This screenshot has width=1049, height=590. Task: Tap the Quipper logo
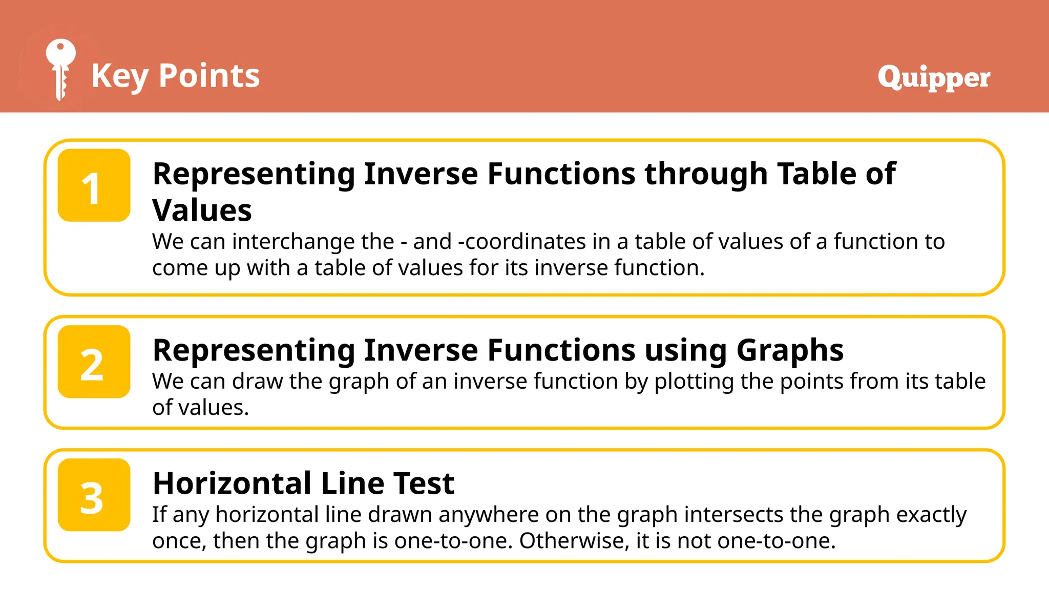point(934,77)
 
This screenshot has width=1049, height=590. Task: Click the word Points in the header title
point(209,76)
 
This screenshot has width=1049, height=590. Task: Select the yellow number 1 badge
point(94,185)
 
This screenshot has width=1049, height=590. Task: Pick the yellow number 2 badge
point(94,362)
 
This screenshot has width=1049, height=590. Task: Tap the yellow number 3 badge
point(94,495)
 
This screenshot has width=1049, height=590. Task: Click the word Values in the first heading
point(202,210)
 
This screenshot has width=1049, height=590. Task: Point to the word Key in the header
point(120,76)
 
